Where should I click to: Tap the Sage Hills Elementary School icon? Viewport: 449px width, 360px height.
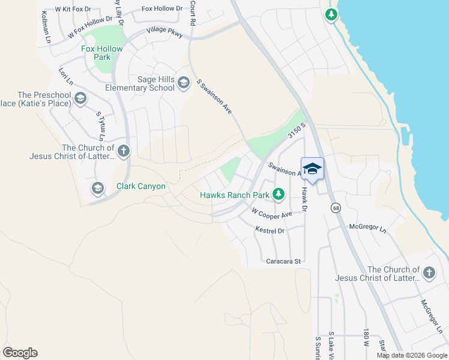[x=184, y=83]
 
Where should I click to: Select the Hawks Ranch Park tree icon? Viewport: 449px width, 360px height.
[x=278, y=194]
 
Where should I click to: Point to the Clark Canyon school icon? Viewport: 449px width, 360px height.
[x=97, y=189]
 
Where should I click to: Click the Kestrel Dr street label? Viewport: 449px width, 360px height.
[x=270, y=230]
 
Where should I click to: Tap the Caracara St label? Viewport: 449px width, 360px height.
[x=283, y=262]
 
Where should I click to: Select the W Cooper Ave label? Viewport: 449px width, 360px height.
[x=271, y=213]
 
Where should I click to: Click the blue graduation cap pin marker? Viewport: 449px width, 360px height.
[x=312, y=169]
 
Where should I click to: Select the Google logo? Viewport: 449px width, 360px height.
[x=20, y=353]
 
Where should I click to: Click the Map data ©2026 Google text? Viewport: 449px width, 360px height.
[x=412, y=355]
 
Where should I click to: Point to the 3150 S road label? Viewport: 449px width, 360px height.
[x=297, y=131]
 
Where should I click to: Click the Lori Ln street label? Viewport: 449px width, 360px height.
[x=65, y=76]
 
